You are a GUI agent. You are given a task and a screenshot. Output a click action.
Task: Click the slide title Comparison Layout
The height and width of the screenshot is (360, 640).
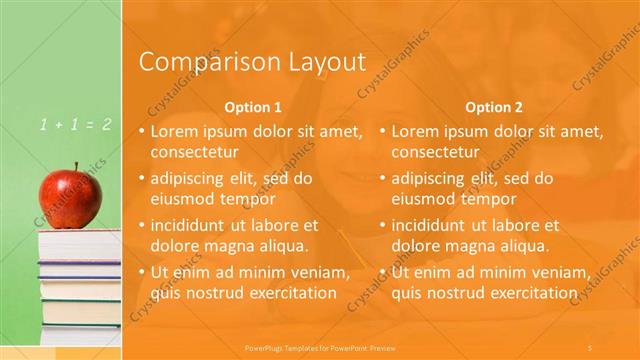point(251,62)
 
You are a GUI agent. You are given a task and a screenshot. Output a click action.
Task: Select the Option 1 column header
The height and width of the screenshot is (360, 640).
point(253,107)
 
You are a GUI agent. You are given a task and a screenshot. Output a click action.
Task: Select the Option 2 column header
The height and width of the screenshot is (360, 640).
point(494,107)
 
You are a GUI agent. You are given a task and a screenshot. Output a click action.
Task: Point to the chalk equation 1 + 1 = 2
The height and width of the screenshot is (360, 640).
point(75,125)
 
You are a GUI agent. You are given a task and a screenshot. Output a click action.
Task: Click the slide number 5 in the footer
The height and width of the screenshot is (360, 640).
point(590,345)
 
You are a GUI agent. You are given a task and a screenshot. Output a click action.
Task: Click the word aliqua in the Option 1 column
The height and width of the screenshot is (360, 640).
point(284,245)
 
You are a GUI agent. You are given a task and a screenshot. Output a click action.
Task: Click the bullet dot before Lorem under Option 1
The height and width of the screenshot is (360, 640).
point(142,131)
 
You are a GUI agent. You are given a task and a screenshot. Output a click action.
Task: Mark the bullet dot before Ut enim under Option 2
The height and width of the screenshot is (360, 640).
point(383,272)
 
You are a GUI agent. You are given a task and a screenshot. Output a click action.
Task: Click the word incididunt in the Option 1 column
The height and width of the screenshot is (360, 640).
point(192,225)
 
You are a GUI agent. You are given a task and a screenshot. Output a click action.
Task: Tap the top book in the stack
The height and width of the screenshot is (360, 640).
point(80,240)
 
